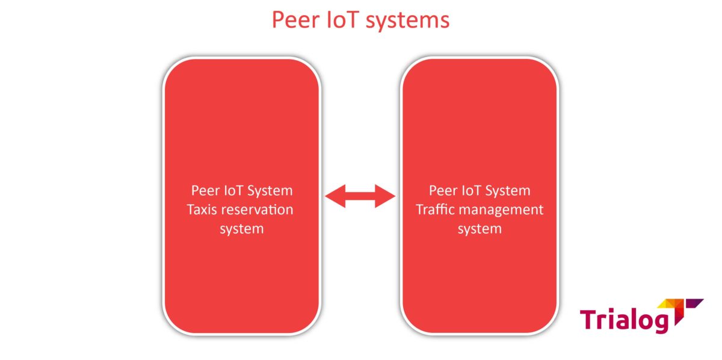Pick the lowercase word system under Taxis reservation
click(x=241, y=229)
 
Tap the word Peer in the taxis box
click(x=205, y=191)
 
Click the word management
click(x=501, y=210)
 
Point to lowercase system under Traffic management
click(x=480, y=229)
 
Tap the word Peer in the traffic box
click(x=443, y=191)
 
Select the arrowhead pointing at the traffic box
click(x=385, y=196)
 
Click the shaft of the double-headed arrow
click(x=360, y=196)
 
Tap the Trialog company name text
click(x=624, y=319)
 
